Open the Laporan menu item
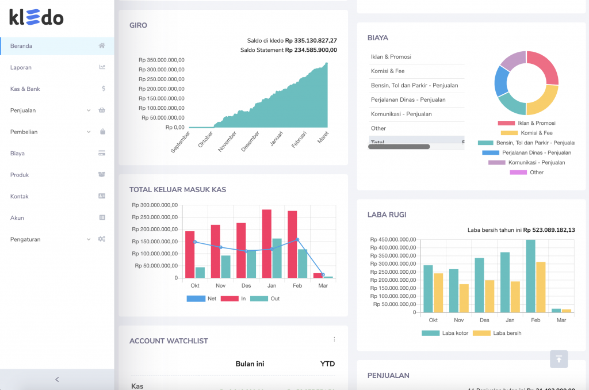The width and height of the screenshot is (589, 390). click(x=21, y=67)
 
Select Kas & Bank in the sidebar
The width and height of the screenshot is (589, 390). click(x=25, y=89)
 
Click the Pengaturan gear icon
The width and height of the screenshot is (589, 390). click(x=102, y=239)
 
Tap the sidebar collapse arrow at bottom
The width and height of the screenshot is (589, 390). click(x=56, y=380)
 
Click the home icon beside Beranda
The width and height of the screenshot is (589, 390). click(x=102, y=46)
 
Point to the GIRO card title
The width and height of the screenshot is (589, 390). click(x=138, y=25)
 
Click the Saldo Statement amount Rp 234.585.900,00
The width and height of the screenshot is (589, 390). click(x=311, y=50)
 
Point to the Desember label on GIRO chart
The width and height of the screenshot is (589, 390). click(x=250, y=140)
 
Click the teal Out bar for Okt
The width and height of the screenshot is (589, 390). click(x=200, y=272)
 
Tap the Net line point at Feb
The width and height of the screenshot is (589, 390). click(x=297, y=239)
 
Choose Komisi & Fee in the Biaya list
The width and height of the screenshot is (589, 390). click(x=388, y=71)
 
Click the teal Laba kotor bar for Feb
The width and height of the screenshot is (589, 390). click(x=530, y=276)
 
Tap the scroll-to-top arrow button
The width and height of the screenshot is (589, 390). click(x=559, y=359)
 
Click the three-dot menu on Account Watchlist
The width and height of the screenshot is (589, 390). click(x=334, y=339)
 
